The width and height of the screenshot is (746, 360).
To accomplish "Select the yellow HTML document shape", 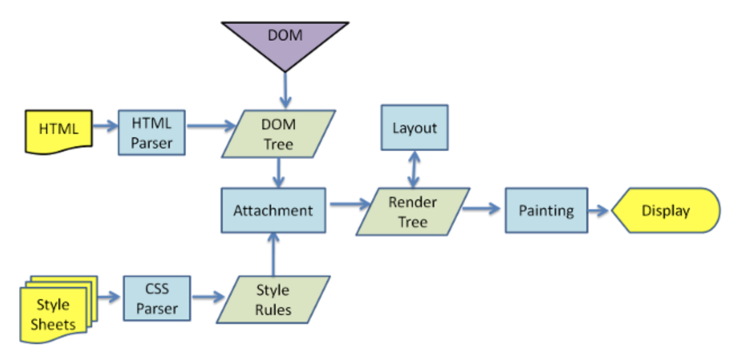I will point(59,130).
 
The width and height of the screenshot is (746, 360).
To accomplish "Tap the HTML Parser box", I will point(151,132).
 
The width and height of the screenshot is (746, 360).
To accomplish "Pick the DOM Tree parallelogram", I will point(278,133).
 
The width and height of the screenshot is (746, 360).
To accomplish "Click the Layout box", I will point(415,127).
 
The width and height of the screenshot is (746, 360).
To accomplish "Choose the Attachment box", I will point(273,211).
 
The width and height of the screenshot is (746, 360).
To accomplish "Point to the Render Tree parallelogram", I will point(413,211).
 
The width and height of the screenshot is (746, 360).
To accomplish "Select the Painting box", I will point(546,211).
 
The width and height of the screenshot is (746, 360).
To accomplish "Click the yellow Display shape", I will point(666,211).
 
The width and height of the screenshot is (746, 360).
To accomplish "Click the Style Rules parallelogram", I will point(273,300).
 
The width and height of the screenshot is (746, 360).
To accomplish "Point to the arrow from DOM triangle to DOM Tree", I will point(285,89).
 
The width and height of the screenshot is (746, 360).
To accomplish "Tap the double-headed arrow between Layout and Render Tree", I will point(414,169).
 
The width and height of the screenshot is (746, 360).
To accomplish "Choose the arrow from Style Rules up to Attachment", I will point(273,254).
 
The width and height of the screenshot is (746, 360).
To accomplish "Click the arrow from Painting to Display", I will point(599,211).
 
